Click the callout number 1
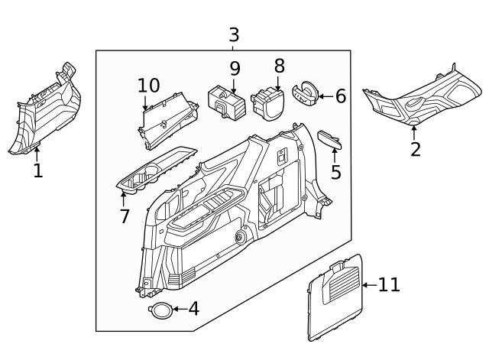tap(37, 170)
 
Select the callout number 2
tap(415, 149)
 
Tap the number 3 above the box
tap(234, 35)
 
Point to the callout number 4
tap(193, 309)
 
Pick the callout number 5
tap(335, 172)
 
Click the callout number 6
tap(340, 96)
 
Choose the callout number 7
tap(125, 216)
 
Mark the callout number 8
tap(279, 66)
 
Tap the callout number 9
tap(235, 69)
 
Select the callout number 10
tap(148, 86)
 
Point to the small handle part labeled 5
tap(329, 138)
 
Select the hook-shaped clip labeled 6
tap(306, 92)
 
